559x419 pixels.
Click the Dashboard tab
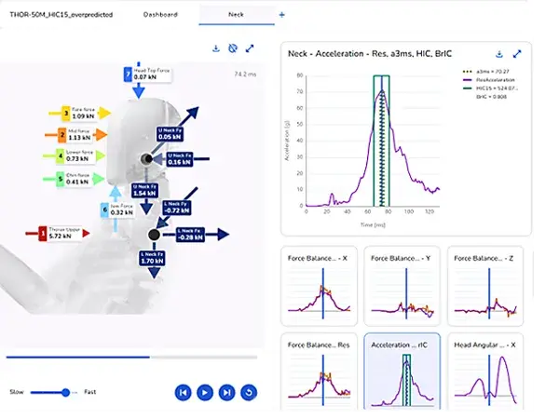(161, 15)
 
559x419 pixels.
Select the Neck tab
(239, 15)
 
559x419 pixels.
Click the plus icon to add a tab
(282, 15)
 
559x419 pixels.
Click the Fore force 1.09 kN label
(83, 114)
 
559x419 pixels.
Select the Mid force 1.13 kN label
(83, 135)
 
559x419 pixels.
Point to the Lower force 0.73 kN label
(84, 156)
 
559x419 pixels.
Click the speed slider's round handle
(66, 393)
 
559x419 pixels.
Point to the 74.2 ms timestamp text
(246, 73)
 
